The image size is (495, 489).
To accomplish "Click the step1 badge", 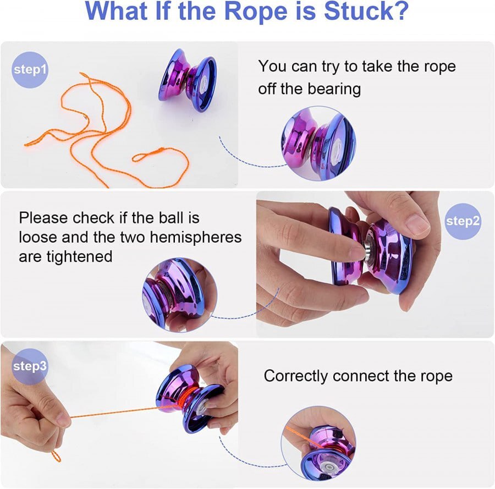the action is coord(30,70).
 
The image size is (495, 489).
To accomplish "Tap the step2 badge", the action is coord(463,221).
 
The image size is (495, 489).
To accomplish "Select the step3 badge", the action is coord(30,366).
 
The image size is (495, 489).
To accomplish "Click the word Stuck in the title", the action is coord(366,11).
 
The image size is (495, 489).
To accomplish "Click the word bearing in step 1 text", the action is coord(334,89).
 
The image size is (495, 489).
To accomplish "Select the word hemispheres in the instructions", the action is coord(196,237).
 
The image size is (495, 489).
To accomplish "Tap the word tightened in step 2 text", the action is coord(79,256).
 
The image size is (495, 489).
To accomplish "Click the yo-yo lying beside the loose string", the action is coord(188,80).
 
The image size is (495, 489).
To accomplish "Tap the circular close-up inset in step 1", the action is coord(318,144).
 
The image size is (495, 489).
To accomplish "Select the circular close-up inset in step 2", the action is coord(180,295).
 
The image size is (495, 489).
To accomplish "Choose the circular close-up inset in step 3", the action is coord(318,443).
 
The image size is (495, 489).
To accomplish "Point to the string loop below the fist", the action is coord(56,456).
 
